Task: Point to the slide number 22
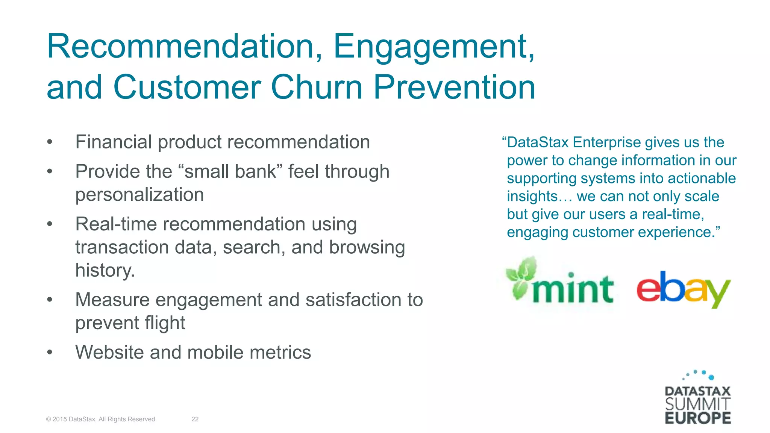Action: click(x=195, y=419)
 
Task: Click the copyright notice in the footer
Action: click(x=101, y=419)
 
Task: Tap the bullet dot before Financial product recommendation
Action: click(x=50, y=142)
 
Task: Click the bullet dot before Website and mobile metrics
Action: click(x=50, y=353)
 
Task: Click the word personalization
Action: click(x=139, y=195)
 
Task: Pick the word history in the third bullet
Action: click(x=104, y=270)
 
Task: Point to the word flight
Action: click(x=165, y=323)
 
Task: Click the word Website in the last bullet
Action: click(x=109, y=353)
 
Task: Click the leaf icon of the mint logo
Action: click(x=521, y=278)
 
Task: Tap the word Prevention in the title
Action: click(x=454, y=87)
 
